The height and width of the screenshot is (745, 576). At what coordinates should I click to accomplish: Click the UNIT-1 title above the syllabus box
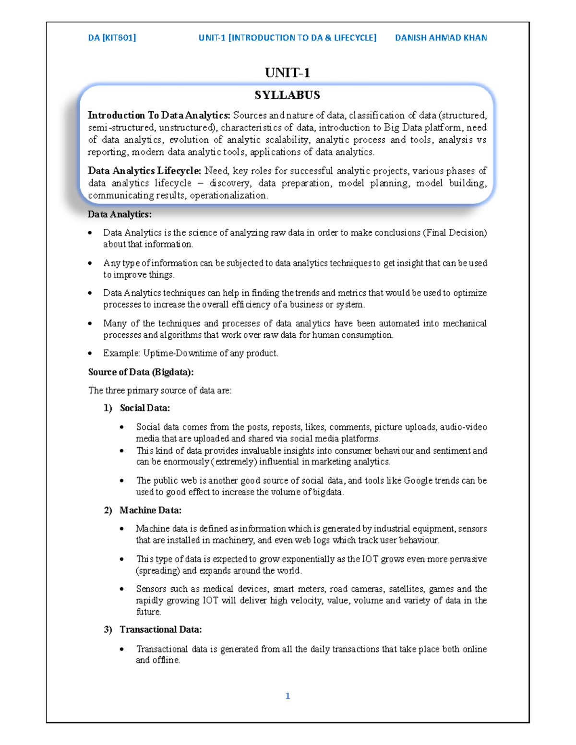click(x=287, y=73)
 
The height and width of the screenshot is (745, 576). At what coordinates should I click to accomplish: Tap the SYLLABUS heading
click(x=287, y=95)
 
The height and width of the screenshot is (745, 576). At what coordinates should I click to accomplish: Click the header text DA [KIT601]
click(x=112, y=37)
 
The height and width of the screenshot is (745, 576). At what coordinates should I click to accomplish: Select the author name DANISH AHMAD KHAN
click(x=441, y=37)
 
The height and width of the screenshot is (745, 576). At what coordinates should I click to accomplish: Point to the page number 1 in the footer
click(x=288, y=696)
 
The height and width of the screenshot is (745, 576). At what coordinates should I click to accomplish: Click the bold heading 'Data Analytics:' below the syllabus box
click(x=120, y=214)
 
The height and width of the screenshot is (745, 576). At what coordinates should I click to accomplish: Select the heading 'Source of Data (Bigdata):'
click(x=141, y=372)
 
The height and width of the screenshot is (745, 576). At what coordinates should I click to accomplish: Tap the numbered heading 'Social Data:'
click(x=144, y=408)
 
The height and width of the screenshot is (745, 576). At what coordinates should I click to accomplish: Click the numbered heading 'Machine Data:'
click(x=150, y=510)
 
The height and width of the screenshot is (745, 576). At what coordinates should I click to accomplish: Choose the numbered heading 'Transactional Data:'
click(x=160, y=629)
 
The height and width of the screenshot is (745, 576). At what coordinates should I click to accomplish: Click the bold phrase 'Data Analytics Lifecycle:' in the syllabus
click(x=144, y=171)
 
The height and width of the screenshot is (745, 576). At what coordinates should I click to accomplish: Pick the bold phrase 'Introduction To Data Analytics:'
click(x=159, y=115)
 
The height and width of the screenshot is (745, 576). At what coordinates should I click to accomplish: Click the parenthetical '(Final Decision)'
click(x=455, y=233)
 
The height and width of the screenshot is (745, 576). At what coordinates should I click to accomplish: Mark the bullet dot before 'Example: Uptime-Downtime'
click(x=90, y=354)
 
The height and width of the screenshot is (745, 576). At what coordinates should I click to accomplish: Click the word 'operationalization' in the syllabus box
click(x=228, y=195)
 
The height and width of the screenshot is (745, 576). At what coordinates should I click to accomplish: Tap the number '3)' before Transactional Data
click(x=108, y=629)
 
